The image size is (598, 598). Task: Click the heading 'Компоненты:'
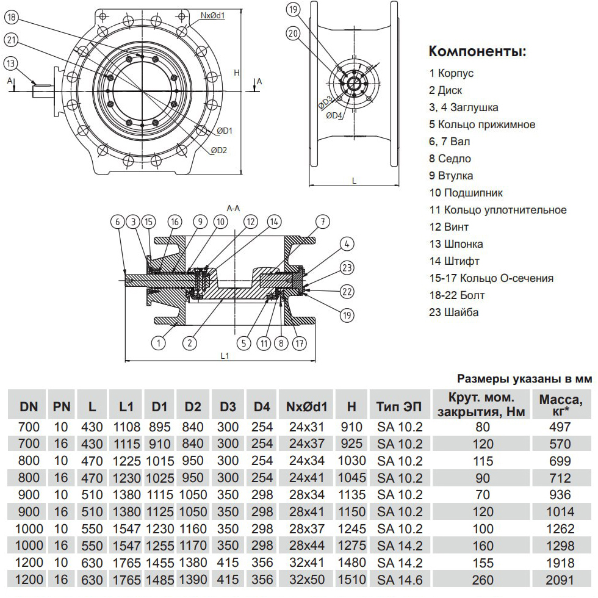[x=477, y=51]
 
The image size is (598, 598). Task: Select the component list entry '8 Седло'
[x=450, y=159]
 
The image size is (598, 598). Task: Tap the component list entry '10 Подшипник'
[x=466, y=193]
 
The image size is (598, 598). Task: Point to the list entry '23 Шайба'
[x=454, y=312]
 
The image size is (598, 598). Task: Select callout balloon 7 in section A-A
[x=323, y=222]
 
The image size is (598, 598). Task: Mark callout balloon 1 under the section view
[x=159, y=343]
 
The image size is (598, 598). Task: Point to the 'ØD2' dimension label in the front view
[x=219, y=150]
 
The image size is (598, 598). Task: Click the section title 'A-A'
[x=232, y=208]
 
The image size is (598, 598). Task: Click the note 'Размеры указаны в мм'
[x=525, y=379]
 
